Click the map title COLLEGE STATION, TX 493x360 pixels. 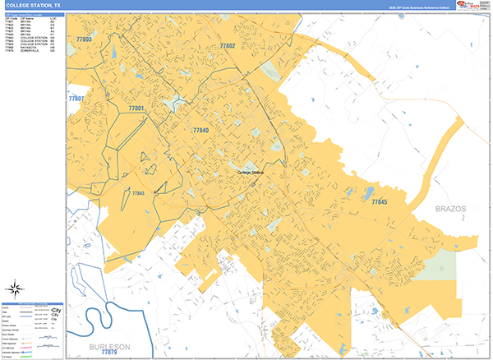coord(31,5)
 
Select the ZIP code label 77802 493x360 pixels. coord(227,46)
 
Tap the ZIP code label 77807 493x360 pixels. coord(76,99)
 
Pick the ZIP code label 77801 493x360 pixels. coord(136,108)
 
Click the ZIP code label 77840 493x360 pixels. coord(200,131)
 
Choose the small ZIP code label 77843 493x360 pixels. coord(138,193)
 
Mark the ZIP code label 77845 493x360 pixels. coord(379,201)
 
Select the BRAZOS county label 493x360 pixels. coord(450,209)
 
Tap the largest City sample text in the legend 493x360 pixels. coord(56,311)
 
